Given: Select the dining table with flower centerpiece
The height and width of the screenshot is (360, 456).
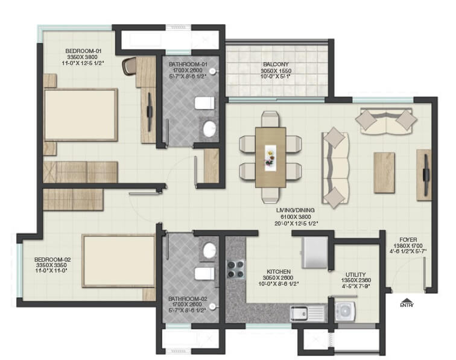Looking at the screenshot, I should [x=270, y=157].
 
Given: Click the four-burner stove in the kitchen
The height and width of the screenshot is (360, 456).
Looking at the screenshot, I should [x=235, y=269].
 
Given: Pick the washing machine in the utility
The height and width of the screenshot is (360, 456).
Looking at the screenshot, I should [x=344, y=311].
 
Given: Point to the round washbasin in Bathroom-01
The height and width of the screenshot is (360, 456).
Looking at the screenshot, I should [x=209, y=129].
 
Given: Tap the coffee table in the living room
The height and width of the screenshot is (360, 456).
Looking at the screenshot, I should [x=384, y=172].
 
